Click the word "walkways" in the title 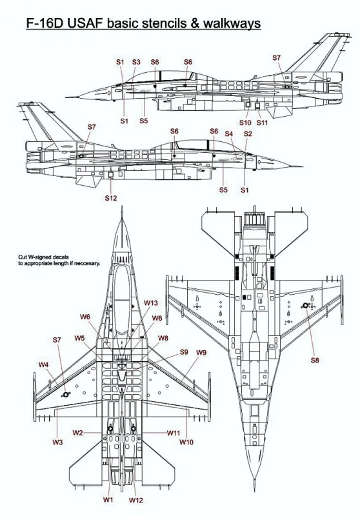pos(232,23)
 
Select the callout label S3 pos(136,62)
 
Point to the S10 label pos(245,123)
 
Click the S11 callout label pos(263,123)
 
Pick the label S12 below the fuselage pos(111,198)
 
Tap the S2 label pos(248,134)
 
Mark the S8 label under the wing pos(315,360)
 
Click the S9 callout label pos(184,352)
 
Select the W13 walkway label pos(151,303)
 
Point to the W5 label pos(79,338)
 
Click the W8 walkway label pos(163,338)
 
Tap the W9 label pos(201,352)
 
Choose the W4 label pos(44,364)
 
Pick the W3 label pos(57,442)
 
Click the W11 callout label pos(174,433)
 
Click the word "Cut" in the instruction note pos(23,257)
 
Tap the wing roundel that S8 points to pos(305,306)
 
